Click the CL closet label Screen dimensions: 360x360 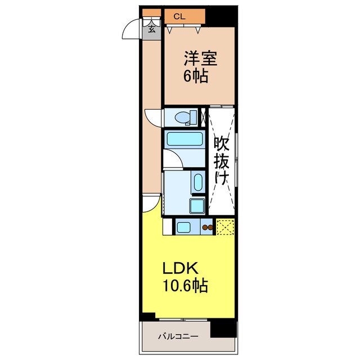179,16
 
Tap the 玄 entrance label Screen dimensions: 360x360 151,29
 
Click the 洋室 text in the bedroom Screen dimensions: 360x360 200,58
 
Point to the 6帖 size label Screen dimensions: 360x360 196,76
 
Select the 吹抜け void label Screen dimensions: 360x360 222,160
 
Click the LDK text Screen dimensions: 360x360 180,268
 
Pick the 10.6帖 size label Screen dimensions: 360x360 185,285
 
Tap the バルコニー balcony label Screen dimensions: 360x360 178,336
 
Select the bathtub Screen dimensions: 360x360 184,139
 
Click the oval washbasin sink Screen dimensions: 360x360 198,182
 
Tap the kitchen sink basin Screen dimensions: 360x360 183,227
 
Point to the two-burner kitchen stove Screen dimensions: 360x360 208,227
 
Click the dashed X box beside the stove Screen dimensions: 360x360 225,227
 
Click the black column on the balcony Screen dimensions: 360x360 223,329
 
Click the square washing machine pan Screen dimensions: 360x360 197,206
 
